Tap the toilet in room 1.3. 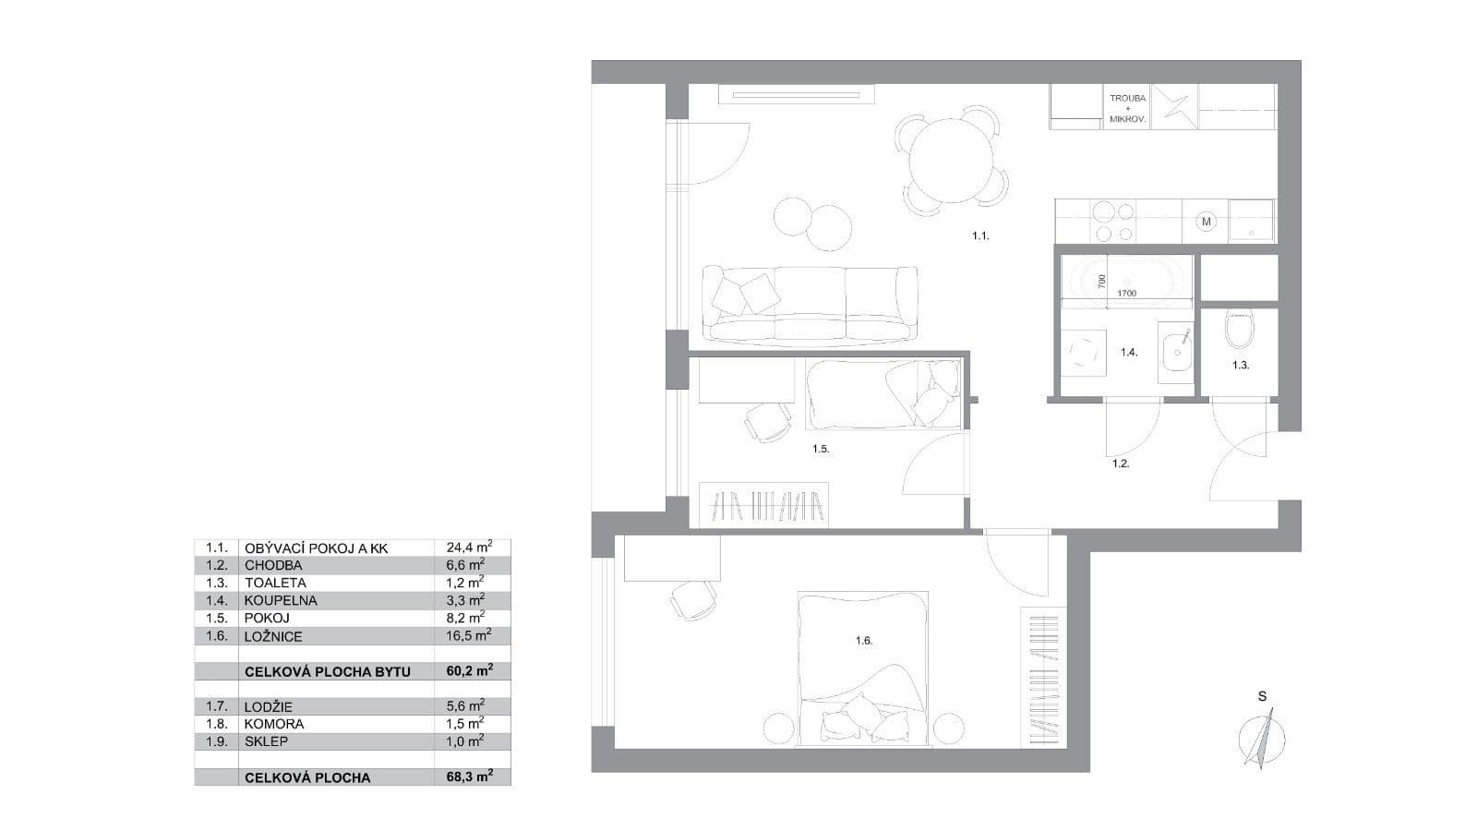click(x=1238, y=329)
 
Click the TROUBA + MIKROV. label click(x=1127, y=109)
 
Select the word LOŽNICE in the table click(x=273, y=636)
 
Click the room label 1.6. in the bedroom click(x=863, y=640)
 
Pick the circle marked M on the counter click(x=1206, y=222)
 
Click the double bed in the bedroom click(x=863, y=667)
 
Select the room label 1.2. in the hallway click(x=1120, y=464)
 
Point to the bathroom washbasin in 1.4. click(x=1176, y=351)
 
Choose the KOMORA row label click(x=274, y=724)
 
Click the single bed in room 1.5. click(x=883, y=394)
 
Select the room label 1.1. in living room click(x=979, y=236)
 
